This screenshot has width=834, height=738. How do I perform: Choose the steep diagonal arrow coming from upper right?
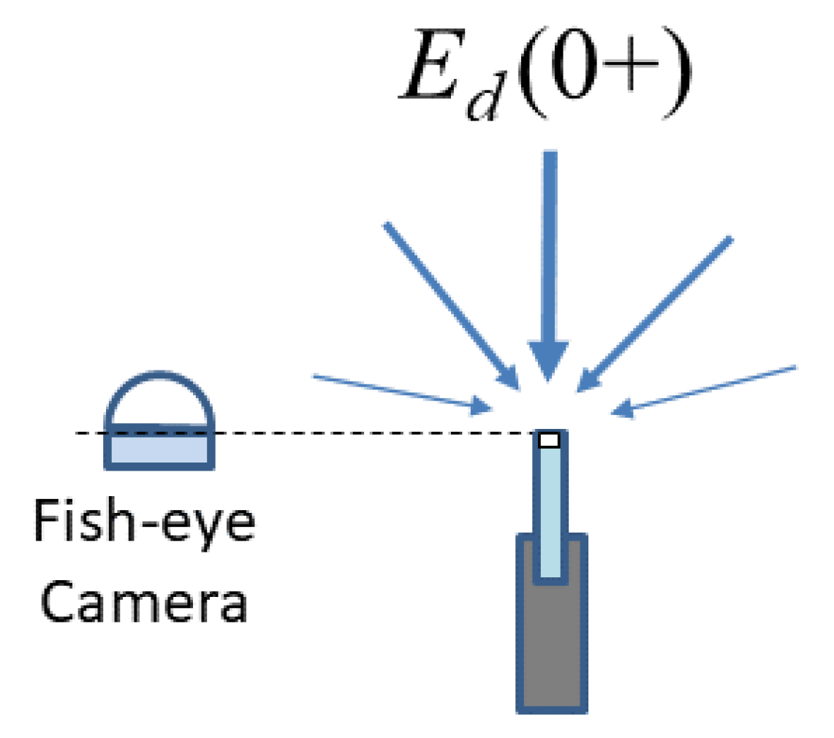654,314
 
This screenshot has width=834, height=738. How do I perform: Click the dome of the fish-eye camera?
160,401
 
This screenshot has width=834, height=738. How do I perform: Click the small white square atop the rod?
549,440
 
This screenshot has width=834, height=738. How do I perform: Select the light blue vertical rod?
550,511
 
